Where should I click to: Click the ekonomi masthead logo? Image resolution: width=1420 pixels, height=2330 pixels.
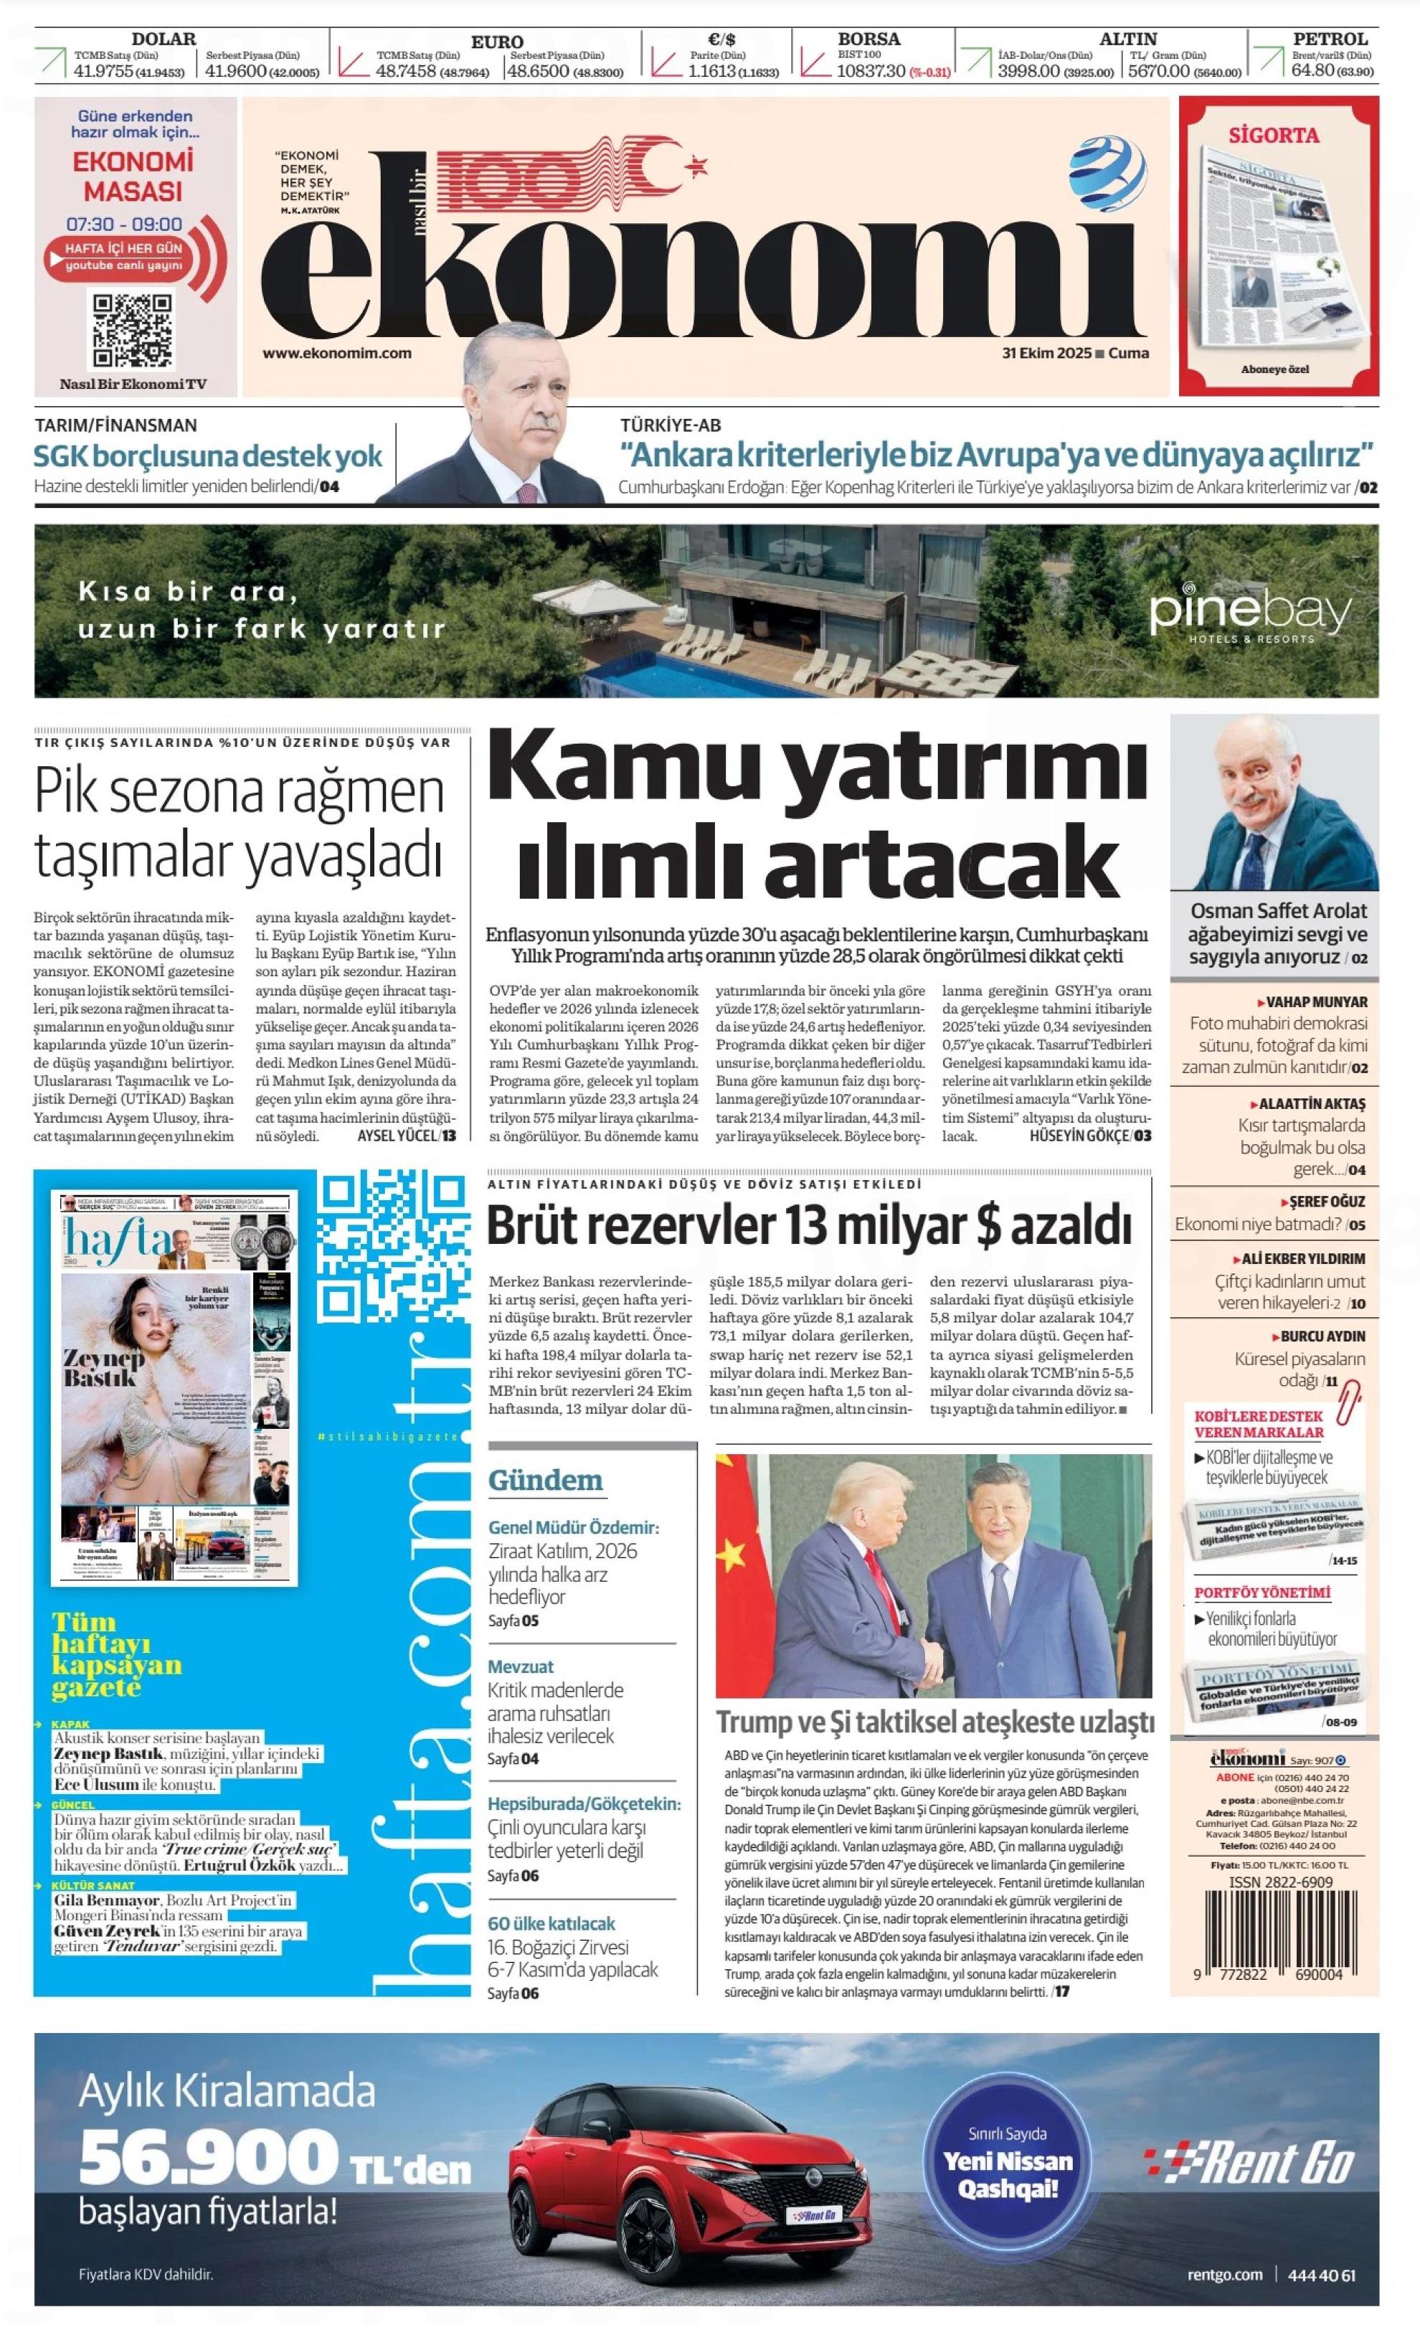[699, 265]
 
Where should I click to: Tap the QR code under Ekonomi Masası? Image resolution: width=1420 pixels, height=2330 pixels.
[133, 330]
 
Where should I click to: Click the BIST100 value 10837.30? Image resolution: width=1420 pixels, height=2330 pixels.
[871, 71]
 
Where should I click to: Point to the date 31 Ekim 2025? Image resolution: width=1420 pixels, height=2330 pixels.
[1046, 354]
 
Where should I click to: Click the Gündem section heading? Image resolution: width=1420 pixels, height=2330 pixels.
[546, 1480]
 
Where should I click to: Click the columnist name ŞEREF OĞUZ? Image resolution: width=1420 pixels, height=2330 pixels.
[1327, 1202]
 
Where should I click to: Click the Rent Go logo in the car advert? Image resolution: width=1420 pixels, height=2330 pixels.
[1250, 2164]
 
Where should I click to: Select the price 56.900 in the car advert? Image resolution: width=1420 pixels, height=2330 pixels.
[208, 2159]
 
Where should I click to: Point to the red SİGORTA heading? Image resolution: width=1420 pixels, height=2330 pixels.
[1274, 135]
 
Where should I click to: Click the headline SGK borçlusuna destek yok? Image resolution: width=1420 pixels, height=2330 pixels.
[208, 456]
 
